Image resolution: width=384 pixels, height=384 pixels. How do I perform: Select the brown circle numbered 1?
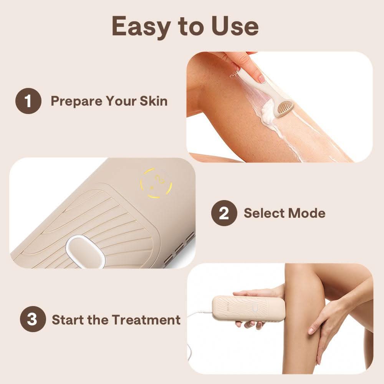(28, 101)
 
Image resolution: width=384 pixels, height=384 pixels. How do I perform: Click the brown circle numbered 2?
(224, 213)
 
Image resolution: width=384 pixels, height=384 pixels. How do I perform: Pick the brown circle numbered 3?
(32, 319)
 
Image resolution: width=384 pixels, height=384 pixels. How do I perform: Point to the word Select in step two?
(263, 213)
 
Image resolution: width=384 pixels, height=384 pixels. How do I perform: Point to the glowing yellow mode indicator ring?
(156, 183)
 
